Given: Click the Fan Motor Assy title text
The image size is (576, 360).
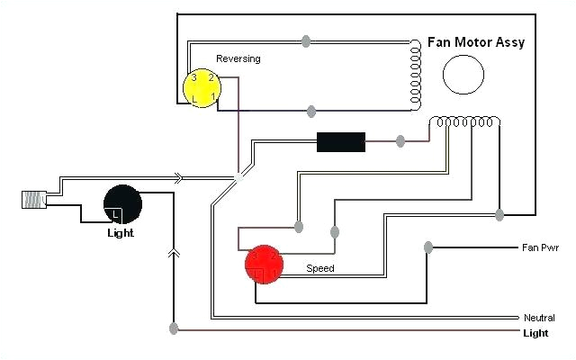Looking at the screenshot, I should (x=477, y=42).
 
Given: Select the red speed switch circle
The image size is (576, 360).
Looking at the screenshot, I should (x=264, y=263).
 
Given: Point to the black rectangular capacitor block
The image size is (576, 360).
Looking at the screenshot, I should (x=340, y=141).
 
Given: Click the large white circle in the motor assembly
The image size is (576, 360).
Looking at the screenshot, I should (x=464, y=73).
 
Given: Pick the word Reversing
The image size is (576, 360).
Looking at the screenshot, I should (x=238, y=59).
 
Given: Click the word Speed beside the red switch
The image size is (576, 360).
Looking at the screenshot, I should (x=320, y=268).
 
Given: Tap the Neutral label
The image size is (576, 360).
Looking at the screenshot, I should (x=539, y=318).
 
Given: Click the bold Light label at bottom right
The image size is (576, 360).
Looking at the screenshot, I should (x=536, y=332).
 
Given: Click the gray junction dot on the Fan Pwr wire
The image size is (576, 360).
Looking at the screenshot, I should (x=428, y=247).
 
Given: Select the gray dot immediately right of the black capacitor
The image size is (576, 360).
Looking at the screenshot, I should (x=400, y=141).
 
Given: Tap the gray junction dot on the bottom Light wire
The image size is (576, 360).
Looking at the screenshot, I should (x=172, y=330).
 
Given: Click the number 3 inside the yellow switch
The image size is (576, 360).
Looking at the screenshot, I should (x=193, y=78).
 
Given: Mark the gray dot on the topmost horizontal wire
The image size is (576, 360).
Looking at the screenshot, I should (x=306, y=40).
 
